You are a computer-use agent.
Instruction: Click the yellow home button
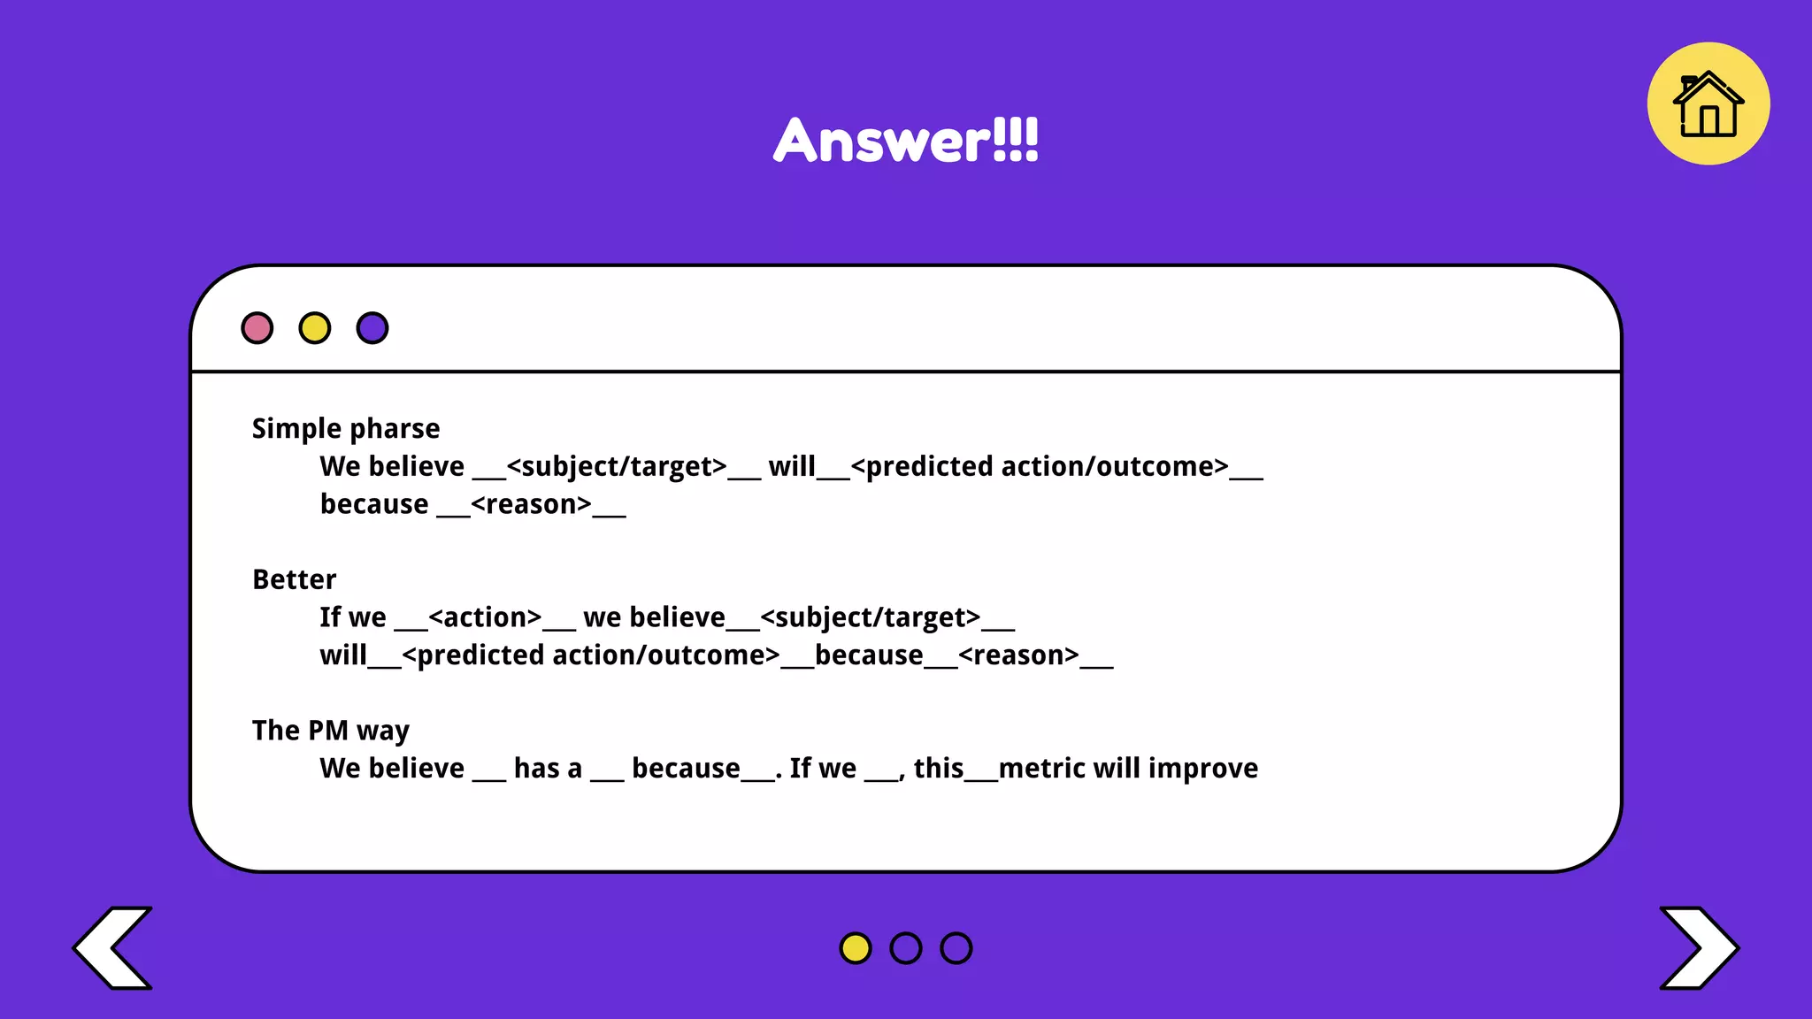(x=1708, y=103)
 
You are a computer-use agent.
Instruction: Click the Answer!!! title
(x=906, y=140)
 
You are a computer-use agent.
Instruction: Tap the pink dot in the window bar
(x=257, y=328)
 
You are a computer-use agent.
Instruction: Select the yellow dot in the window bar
(x=315, y=328)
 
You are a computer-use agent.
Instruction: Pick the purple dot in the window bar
(x=372, y=328)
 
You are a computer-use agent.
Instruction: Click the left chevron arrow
(x=113, y=947)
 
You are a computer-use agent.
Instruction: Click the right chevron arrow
(x=1698, y=947)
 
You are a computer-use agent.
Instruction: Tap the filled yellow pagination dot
(x=856, y=948)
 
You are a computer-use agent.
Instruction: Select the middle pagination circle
(x=906, y=948)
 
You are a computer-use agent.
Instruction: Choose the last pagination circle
(x=956, y=948)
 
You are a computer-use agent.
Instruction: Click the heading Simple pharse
(x=346, y=429)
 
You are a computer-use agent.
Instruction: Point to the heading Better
(x=295, y=579)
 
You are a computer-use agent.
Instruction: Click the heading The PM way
(x=331, y=731)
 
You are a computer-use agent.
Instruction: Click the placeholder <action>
(x=485, y=617)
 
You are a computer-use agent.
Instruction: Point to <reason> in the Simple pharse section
(x=531, y=505)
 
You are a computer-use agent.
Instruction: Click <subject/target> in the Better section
(x=871, y=617)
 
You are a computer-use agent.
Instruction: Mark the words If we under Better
(x=353, y=617)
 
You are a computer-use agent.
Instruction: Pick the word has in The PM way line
(x=536, y=769)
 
